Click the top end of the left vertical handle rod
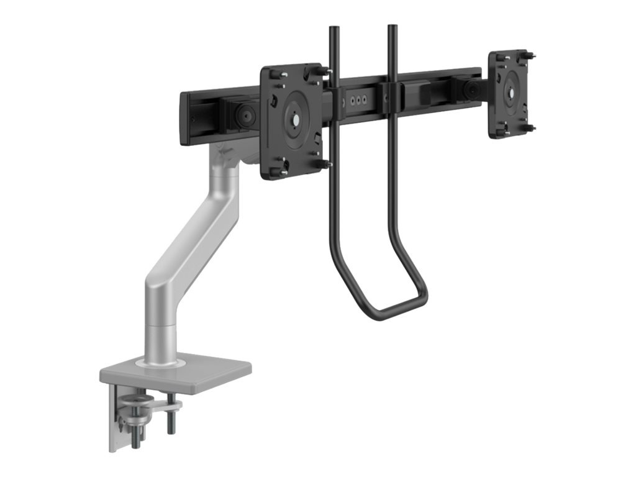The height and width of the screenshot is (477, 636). click(334, 29)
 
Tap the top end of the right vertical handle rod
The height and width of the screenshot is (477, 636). click(393, 27)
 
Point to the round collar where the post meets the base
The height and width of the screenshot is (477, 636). click(160, 360)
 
